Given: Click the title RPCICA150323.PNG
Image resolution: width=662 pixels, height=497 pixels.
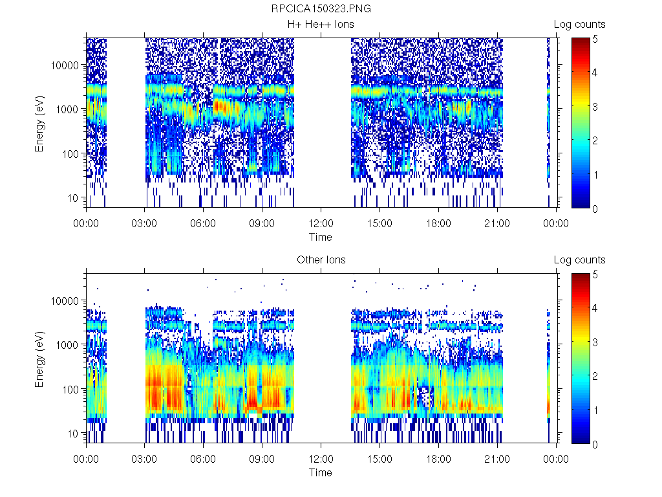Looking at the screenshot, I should coord(321,9).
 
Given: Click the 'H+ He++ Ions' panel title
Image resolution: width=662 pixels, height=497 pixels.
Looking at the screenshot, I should coord(321,25).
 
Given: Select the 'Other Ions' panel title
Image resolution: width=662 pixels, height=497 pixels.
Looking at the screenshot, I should coord(321,260).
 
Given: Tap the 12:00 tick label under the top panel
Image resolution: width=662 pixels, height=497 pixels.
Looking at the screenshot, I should coord(321,224).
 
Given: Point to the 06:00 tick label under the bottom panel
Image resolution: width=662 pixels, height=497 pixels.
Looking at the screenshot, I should coord(203,459).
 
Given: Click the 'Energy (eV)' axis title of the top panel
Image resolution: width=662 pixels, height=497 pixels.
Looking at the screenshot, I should coord(39,123).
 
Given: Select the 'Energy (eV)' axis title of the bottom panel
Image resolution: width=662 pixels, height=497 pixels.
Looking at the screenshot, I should coord(39,359).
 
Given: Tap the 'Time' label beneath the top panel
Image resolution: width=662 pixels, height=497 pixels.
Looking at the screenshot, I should coord(321,237).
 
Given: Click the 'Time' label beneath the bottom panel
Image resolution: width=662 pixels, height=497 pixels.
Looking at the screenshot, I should coord(321,472).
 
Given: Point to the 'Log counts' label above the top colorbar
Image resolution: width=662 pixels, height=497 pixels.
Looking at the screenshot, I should coord(579,25).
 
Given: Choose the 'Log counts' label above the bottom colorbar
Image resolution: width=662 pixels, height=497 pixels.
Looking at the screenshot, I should coord(579,260).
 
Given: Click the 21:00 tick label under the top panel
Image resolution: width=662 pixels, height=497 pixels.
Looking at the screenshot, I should coord(497,224).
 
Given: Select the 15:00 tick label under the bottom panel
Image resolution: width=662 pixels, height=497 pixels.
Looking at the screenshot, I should coord(379,459).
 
